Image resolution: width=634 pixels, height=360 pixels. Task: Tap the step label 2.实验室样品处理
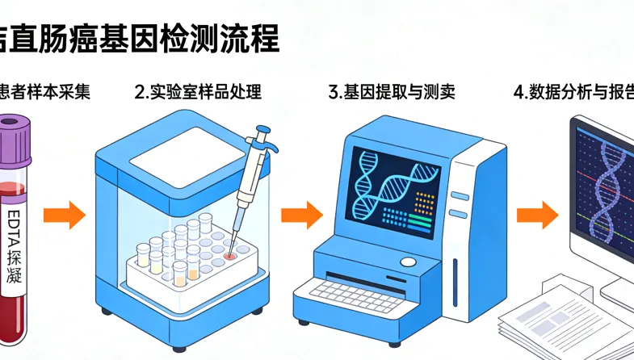point(198,91)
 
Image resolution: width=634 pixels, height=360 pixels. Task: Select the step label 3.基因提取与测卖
point(392,91)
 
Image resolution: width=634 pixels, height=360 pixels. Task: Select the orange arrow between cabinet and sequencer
point(301,216)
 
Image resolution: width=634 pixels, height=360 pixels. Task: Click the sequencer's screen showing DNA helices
point(395,187)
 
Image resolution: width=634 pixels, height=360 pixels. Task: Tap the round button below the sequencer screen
point(409,262)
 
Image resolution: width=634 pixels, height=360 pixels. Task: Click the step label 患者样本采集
point(44,91)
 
